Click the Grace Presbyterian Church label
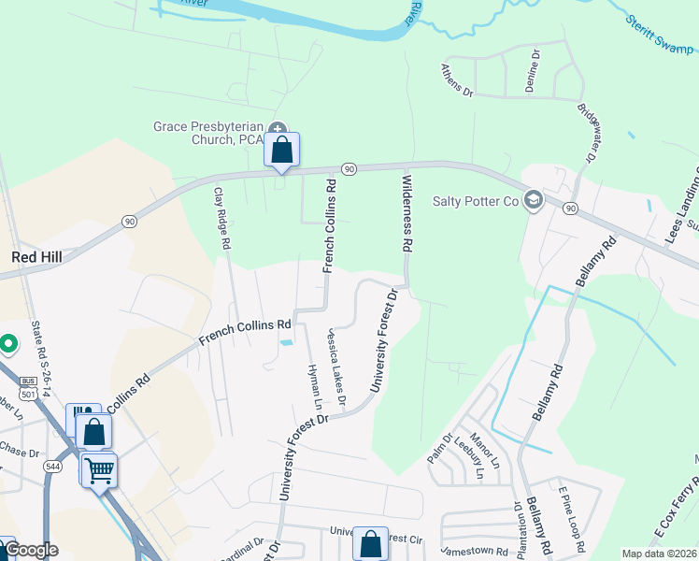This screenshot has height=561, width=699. [210, 133]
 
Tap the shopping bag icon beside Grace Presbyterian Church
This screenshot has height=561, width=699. [282, 150]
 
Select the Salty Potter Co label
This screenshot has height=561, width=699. [475, 201]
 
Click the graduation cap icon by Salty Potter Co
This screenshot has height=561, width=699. [533, 200]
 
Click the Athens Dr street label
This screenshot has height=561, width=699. [458, 81]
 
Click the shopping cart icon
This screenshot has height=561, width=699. [99, 468]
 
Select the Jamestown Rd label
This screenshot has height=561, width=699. [472, 551]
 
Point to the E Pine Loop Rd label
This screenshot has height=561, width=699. [571, 519]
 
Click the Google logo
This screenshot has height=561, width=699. [31, 550]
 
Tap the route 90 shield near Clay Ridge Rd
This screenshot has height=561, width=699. [129, 221]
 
